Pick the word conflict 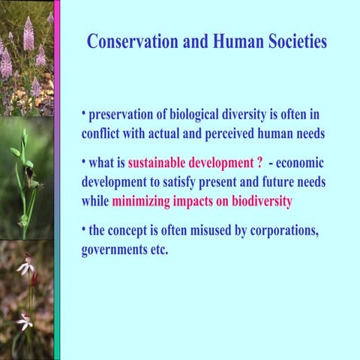pyautogui.click(x=103, y=133)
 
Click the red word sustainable pyautogui.click(x=159, y=163)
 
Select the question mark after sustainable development pyautogui.click(x=259, y=163)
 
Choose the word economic pyautogui.click(x=300, y=163)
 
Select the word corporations pyautogui.click(x=283, y=231)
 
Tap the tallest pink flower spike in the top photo pyautogui.click(x=28, y=34)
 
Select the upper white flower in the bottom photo pyautogui.click(x=25, y=267)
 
